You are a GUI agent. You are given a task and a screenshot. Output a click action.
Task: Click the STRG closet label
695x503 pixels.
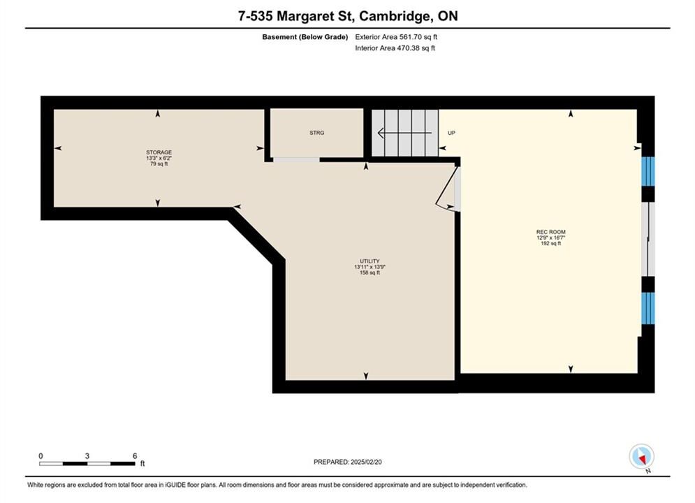click(317, 133)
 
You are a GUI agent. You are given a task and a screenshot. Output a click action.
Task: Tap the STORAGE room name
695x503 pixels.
click(159, 152)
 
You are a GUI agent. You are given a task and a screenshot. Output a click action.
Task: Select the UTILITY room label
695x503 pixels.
click(370, 261)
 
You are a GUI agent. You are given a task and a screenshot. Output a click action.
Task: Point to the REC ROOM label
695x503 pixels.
click(551, 232)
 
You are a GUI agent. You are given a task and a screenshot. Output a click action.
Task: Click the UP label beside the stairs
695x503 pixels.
click(451, 133)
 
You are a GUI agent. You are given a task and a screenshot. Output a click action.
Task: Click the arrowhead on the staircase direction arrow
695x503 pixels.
click(380, 133)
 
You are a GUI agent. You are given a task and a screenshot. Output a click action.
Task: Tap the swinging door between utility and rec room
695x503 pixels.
click(447, 188)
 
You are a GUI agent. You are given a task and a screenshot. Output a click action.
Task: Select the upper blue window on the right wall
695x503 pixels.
click(648, 171)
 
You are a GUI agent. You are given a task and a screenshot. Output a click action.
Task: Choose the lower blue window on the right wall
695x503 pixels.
click(648, 308)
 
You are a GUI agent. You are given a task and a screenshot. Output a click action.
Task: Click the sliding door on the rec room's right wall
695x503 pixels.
click(648, 240)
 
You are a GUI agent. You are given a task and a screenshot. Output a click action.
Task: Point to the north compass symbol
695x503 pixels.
click(641, 456)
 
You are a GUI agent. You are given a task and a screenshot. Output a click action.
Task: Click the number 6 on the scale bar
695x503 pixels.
click(135, 455)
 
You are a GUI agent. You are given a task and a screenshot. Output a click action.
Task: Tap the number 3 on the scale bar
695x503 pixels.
click(87, 455)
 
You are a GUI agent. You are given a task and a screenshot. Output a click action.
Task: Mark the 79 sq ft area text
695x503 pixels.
click(159, 164)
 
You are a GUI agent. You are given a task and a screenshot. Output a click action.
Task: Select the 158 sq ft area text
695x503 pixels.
click(370, 272)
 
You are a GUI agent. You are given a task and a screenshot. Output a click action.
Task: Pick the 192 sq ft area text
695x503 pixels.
click(551, 243)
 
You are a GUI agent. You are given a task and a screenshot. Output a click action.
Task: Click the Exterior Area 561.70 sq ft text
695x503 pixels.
click(396, 37)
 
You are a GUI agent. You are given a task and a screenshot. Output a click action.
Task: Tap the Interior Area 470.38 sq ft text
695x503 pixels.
click(395, 48)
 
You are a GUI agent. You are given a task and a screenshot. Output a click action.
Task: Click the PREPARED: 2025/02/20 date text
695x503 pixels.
click(348, 462)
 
